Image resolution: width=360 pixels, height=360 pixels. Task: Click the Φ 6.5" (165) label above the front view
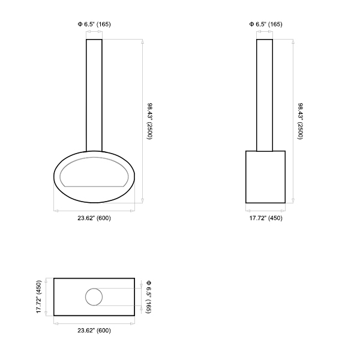pos(94,24)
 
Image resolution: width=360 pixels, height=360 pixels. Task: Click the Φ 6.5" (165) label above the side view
pos(266,24)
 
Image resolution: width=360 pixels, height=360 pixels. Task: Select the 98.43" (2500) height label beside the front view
pos(149,121)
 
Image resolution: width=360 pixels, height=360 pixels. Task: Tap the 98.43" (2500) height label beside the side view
pos(301,121)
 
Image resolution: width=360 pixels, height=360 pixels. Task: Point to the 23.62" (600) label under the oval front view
pos(94,218)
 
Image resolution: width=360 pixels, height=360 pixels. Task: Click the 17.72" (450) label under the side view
pos(266,218)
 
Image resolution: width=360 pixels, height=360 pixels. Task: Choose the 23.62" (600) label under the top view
pos(94,331)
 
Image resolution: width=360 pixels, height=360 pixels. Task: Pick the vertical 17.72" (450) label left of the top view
pos(38,296)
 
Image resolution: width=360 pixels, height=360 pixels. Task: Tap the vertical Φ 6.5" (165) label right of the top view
pos(149,296)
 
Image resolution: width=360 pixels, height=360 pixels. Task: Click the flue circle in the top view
pos(85,297)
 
